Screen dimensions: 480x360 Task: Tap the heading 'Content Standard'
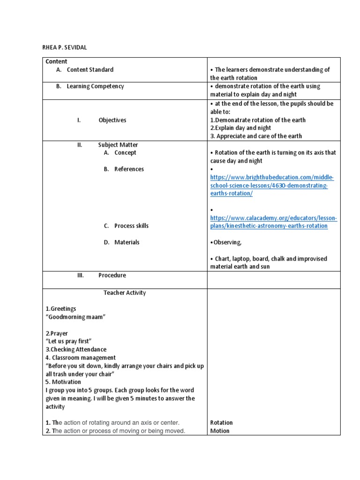point(90,69)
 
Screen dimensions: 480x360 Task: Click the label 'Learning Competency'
point(95,86)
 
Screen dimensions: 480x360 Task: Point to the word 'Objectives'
point(112,120)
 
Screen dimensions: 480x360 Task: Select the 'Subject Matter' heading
point(118,145)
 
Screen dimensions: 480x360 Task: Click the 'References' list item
point(129,169)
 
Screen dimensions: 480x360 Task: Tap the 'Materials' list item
point(127,242)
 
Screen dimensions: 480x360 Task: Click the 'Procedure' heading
point(112,275)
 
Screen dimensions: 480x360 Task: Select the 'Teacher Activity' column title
point(125,293)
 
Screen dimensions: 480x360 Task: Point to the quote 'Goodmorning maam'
point(75,317)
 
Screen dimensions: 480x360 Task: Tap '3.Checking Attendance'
point(76,350)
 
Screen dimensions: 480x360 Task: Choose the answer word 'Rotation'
point(221,423)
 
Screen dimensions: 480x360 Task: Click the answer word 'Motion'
point(220,431)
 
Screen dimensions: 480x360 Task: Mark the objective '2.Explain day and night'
point(240,128)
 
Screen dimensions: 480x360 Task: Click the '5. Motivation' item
point(63,382)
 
